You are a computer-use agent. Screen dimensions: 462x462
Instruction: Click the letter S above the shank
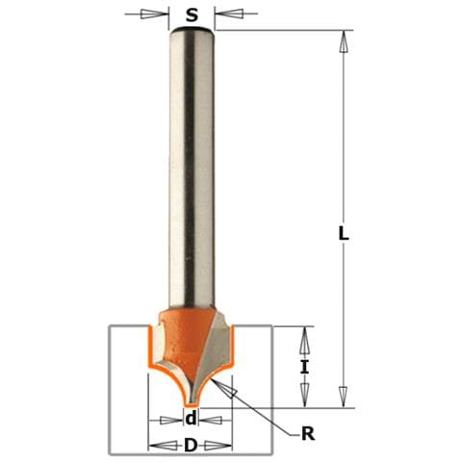pyautogui.click(x=192, y=14)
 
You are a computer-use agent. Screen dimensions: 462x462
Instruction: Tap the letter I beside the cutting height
pyautogui.click(x=304, y=367)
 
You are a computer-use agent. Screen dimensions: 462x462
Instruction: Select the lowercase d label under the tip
pyautogui.click(x=191, y=419)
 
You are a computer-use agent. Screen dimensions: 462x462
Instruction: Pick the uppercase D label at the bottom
pyautogui.click(x=191, y=445)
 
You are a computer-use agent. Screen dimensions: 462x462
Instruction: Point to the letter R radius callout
pyautogui.click(x=308, y=434)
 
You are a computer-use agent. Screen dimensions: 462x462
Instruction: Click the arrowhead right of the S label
pyautogui.click(x=229, y=13)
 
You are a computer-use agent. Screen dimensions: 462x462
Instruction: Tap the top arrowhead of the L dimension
pyautogui.click(x=344, y=41)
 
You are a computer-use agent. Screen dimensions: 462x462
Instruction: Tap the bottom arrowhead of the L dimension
pyautogui.click(x=344, y=398)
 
